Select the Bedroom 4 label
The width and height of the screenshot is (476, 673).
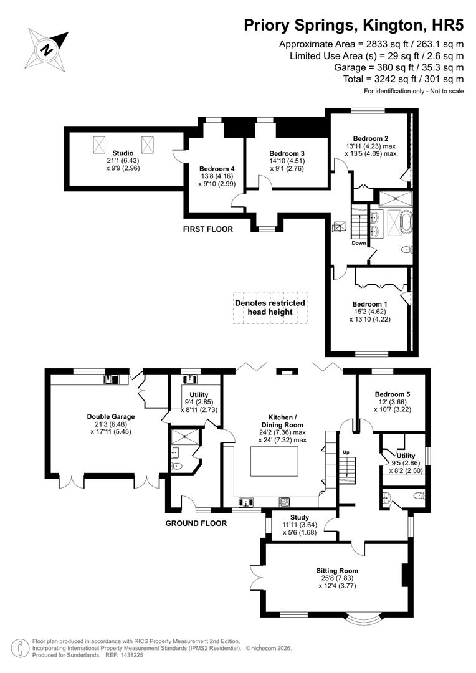217,168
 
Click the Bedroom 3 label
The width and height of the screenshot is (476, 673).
287,153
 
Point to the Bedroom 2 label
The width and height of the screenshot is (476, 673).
371,138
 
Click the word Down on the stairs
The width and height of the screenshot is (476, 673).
358,243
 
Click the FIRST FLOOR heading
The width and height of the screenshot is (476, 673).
207,229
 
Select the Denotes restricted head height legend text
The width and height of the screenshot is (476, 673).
270,307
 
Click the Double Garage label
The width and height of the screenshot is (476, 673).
111,417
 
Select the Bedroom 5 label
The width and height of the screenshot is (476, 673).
393,394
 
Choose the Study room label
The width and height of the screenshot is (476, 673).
300,517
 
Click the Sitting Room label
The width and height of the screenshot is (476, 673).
337,570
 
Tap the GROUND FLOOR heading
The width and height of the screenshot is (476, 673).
196,523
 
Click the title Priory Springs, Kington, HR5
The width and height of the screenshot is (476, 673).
353,26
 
